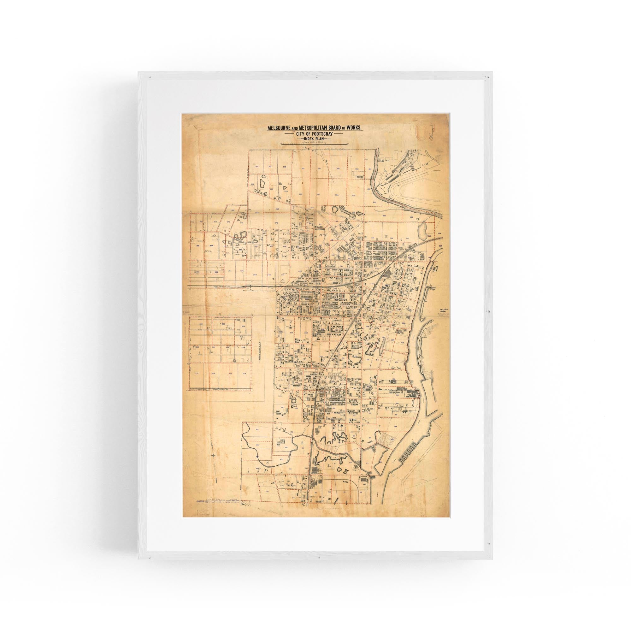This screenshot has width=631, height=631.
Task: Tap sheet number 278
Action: point(276,223)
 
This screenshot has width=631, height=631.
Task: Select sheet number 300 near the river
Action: point(384,215)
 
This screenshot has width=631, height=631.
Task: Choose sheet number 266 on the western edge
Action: point(198,245)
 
